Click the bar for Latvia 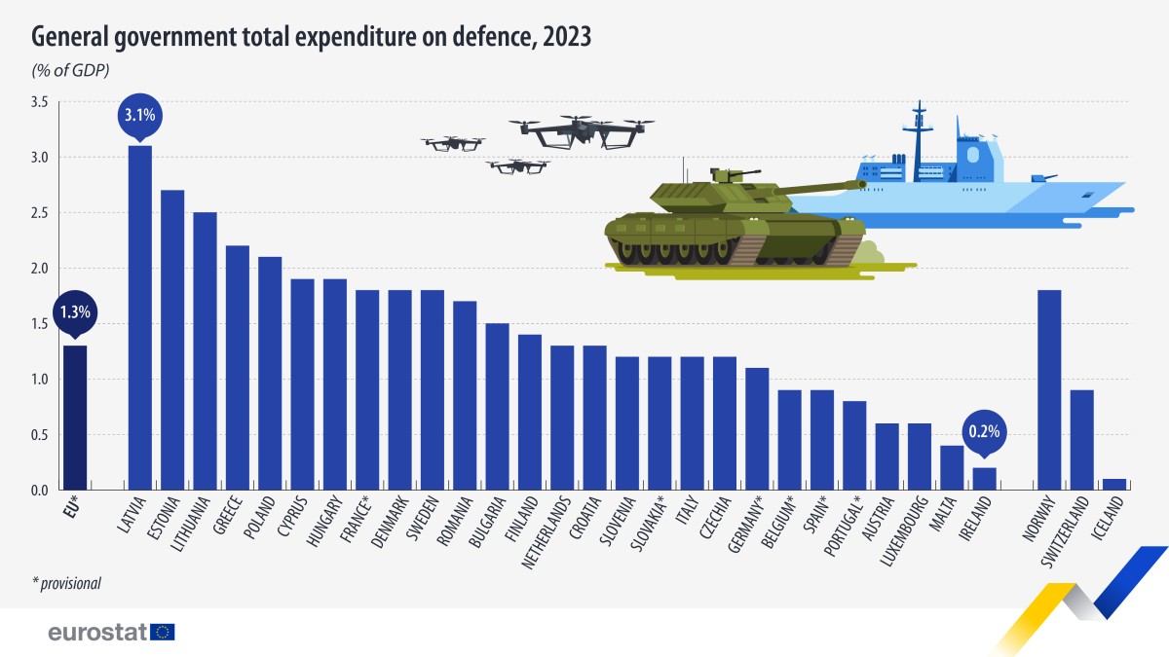pos(140,316)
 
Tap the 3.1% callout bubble pos(140,116)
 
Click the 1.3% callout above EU pos(75,312)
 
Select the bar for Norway pos(1049,389)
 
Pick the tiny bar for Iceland pos(1113,484)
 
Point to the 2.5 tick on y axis pos(38,212)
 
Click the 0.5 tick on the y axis pos(38,434)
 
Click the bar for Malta pos(952,467)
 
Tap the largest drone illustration pos(583,131)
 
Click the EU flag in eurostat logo pos(164,632)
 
